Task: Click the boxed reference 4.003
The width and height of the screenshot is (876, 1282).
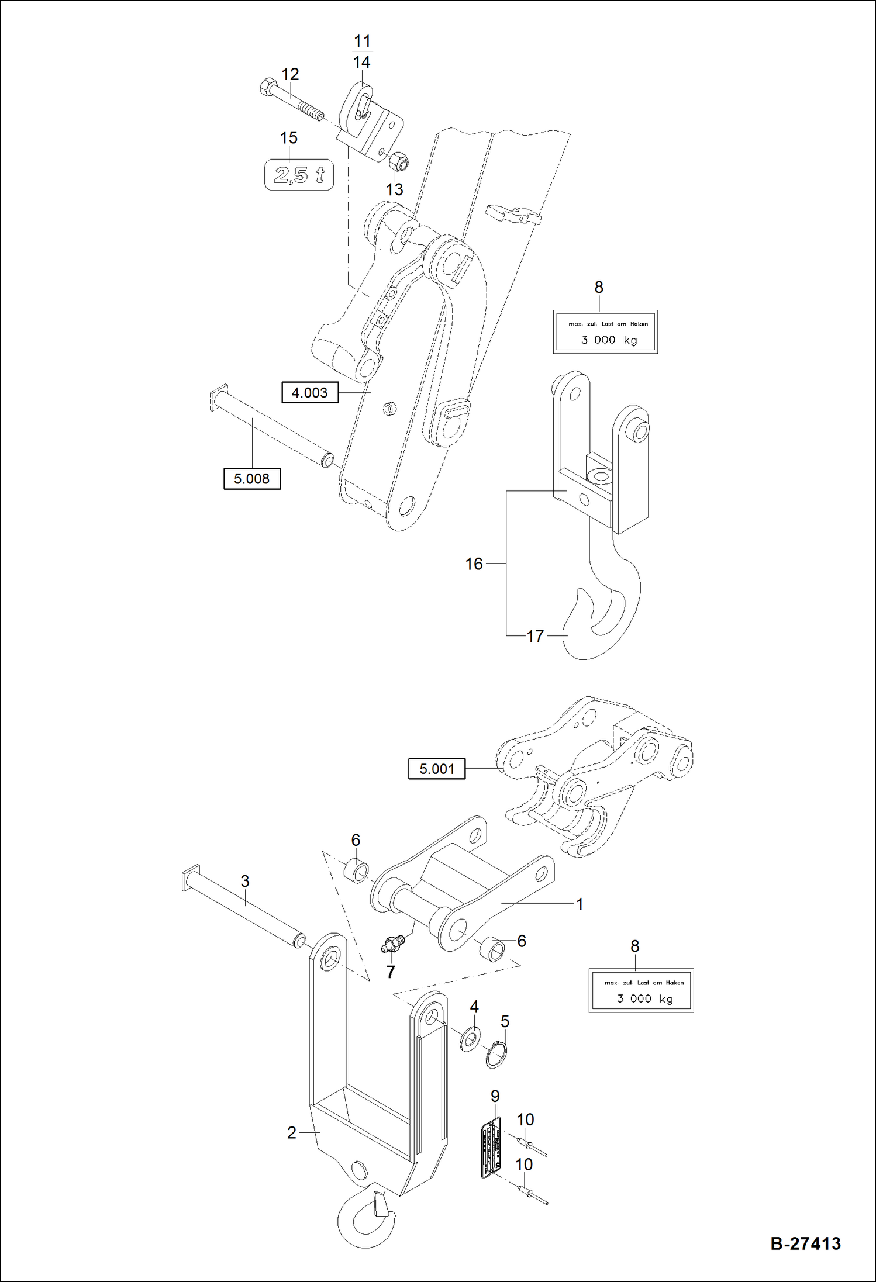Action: coord(310,392)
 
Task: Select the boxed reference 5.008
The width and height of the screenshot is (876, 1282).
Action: coord(252,479)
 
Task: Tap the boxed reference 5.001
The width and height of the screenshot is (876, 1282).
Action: coord(437,769)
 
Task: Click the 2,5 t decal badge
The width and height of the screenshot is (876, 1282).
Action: coord(299,175)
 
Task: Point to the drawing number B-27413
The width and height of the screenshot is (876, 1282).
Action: coord(805,1244)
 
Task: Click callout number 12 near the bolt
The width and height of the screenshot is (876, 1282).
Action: coord(290,74)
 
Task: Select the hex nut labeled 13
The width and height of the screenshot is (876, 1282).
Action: coord(398,161)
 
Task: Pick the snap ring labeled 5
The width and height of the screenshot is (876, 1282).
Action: coord(496,1055)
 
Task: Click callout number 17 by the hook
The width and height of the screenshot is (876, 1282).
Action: coord(535,636)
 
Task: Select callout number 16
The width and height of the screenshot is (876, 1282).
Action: coord(474,564)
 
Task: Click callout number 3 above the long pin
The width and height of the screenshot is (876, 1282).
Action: coord(245,881)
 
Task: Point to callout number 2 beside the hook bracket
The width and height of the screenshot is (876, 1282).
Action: coord(292,1132)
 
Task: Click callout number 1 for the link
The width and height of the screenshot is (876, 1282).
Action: coord(580,904)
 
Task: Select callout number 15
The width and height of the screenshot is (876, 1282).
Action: coord(289,138)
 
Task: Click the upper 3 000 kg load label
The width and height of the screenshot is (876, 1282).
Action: coord(605,332)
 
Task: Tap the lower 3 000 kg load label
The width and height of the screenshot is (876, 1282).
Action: coord(641,991)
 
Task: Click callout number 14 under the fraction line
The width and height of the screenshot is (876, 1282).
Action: coord(362,62)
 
